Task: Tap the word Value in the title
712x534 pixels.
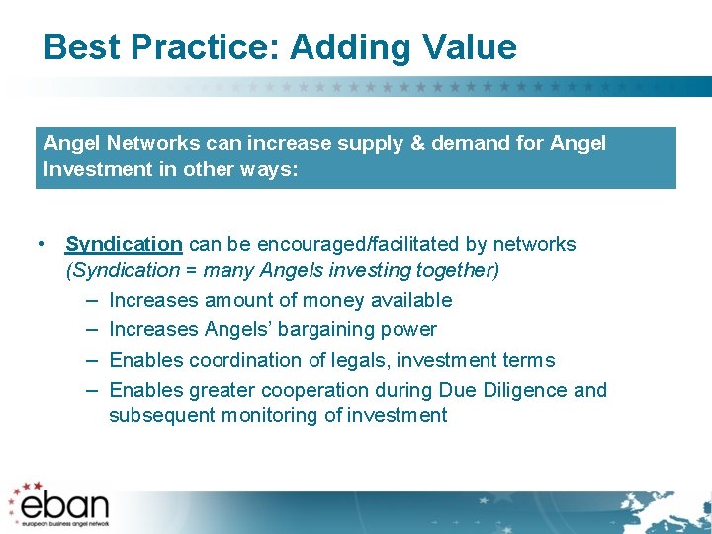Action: (x=469, y=47)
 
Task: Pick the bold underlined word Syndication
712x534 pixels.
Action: (x=124, y=244)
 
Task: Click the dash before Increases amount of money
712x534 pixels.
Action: (x=91, y=300)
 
